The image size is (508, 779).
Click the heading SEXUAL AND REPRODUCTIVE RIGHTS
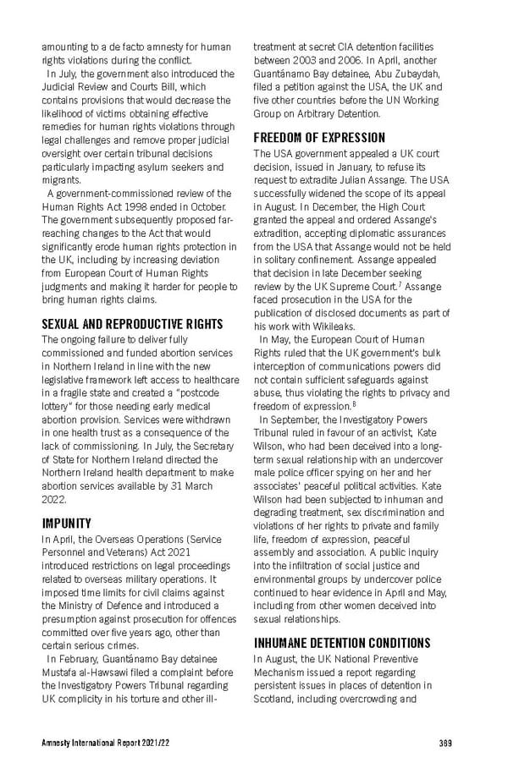(x=132, y=324)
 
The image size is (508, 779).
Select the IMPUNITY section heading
(x=66, y=523)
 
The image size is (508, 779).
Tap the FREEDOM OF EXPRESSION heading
(x=319, y=138)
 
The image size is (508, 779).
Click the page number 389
(x=445, y=743)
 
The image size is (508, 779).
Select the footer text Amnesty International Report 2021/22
(x=101, y=743)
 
